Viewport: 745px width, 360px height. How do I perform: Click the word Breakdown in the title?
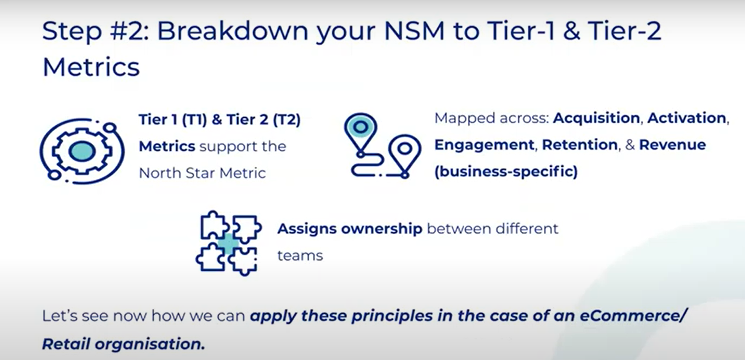tap(232, 31)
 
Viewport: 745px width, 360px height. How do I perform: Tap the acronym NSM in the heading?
tap(414, 31)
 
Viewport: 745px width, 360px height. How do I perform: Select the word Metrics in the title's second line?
tap(91, 67)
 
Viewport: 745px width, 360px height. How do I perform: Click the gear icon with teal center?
tap(82, 151)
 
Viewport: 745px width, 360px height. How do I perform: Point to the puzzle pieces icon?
tap(229, 243)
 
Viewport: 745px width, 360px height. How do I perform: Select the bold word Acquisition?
tap(596, 119)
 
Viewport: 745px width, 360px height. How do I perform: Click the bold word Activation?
tap(687, 118)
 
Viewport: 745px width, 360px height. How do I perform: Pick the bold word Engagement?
tap(484, 145)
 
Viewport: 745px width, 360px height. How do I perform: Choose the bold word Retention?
tap(580, 145)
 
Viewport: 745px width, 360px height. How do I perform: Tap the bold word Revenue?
tap(673, 145)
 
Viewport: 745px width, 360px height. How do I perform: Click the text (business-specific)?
tap(506, 172)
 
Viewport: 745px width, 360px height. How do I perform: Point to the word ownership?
tap(382, 229)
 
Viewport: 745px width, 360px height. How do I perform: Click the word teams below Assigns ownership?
tap(300, 256)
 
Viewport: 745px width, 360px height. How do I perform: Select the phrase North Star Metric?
tap(202, 173)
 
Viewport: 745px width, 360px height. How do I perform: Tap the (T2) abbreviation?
tap(287, 120)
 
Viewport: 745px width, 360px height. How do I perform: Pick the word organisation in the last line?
tap(149, 344)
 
